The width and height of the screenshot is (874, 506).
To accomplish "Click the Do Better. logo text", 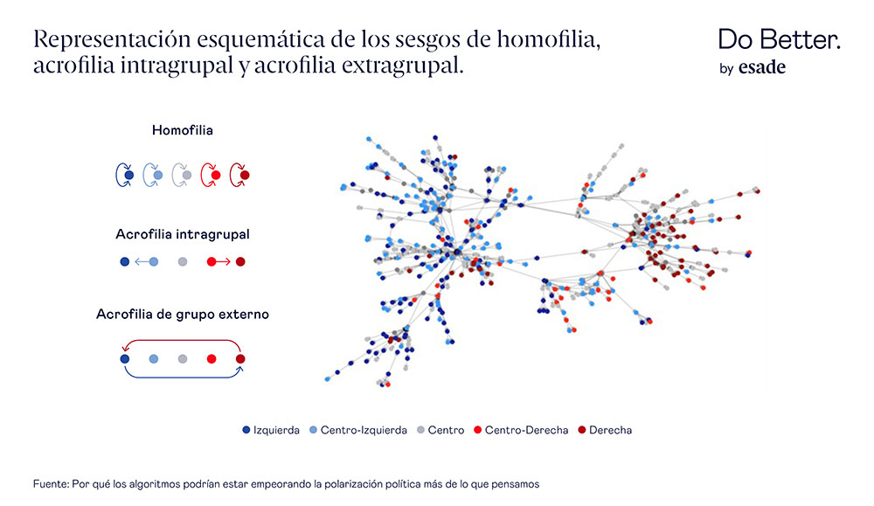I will tap(779, 39).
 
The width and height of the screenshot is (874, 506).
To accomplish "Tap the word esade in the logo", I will tap(762, 68).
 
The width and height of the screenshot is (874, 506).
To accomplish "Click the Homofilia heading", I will tap(182, 130).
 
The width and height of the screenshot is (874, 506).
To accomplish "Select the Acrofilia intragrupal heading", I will tap(183, 234).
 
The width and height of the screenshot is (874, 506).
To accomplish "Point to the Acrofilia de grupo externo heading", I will tap(182, 314).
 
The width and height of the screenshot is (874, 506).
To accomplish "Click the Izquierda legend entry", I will tap(271, 430).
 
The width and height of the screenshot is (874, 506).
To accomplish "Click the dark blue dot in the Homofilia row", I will tap(128, 176).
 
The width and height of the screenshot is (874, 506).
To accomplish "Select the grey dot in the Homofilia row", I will tap(186, 176).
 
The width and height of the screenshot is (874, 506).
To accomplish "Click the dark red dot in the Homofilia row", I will tap(244, 176).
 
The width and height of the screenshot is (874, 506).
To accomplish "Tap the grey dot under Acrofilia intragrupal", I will tap(182, 261).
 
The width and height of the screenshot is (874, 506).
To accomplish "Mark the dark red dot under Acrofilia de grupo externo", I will tap(240, 358).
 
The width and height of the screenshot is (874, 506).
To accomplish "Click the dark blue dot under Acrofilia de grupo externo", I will tap(124, 358).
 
